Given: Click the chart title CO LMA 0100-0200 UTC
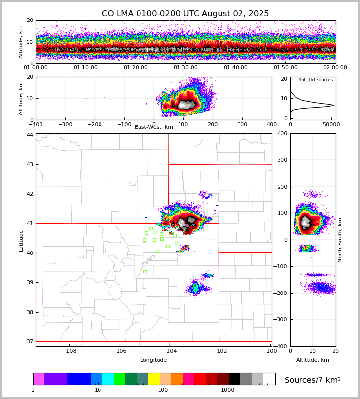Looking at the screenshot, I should (x=185, y=14).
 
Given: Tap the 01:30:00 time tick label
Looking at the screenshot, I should (x=185, y=68).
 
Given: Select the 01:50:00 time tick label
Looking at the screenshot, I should (x=285, y=68).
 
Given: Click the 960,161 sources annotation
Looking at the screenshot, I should (x=316, y=80).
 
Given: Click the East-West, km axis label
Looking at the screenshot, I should (x=154, y=127).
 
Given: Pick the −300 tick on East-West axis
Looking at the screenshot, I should (x=65, y=125).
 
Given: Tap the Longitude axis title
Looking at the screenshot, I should (x=154, y=360).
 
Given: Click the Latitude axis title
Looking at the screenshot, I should (x=21, y=240).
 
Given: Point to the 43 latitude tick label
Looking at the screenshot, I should (x=30, y=164).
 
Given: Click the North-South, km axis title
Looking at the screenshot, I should (x=340, y=240).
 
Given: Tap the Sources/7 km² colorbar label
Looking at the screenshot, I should (x=313, y=380).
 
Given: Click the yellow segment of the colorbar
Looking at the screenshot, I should (x=154, y=379).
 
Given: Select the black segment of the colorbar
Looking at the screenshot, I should (x=235, y=379).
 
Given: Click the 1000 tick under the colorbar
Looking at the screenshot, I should (x=228, y=390).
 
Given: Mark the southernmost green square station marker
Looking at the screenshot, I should (x=145, y=272).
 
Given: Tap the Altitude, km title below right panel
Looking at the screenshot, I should (x=313, y=360).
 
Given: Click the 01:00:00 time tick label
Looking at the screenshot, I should (x=36, y=68).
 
